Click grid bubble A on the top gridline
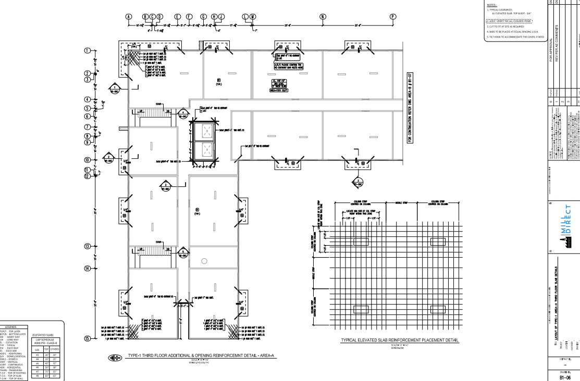pos(128,16)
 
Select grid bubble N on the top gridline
pos(323,16)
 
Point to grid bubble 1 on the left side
pos(88,50)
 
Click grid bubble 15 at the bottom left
pos(88,338)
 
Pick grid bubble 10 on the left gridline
pos(88,160)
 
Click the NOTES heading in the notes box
pos(491,5)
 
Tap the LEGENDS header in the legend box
pos(33,326)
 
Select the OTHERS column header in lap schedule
pos(55,350)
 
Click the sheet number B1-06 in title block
pos(566,373)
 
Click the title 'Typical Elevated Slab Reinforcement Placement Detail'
pos(400,340)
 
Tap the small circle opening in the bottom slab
pos(205,261)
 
